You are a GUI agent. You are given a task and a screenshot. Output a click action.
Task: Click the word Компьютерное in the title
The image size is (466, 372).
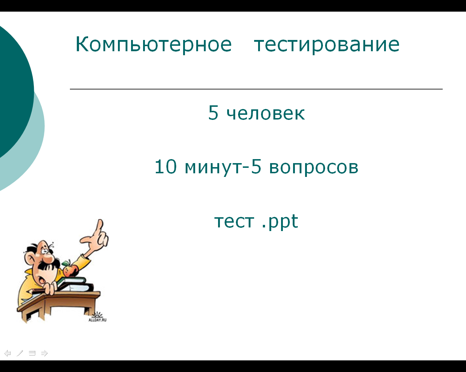[x=154, y=45]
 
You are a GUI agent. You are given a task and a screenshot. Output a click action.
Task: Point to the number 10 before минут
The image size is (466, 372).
[x=166, y=166]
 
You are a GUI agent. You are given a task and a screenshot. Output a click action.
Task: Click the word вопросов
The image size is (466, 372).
[x=313, y=168]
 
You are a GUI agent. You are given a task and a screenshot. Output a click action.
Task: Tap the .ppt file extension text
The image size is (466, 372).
[x=280, y=222]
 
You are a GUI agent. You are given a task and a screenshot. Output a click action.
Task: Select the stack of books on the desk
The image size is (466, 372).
[x=76, y=284]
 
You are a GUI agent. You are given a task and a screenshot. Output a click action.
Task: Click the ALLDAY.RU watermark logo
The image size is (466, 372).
[x=98, y=317]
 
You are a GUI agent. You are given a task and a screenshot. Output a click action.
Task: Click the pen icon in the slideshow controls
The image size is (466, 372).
[x=20, y=353]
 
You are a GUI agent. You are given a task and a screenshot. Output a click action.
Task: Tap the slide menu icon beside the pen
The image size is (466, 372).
[x=32, y=353]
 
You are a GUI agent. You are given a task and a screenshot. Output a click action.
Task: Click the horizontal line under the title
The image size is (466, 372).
[x=256, y=89]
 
